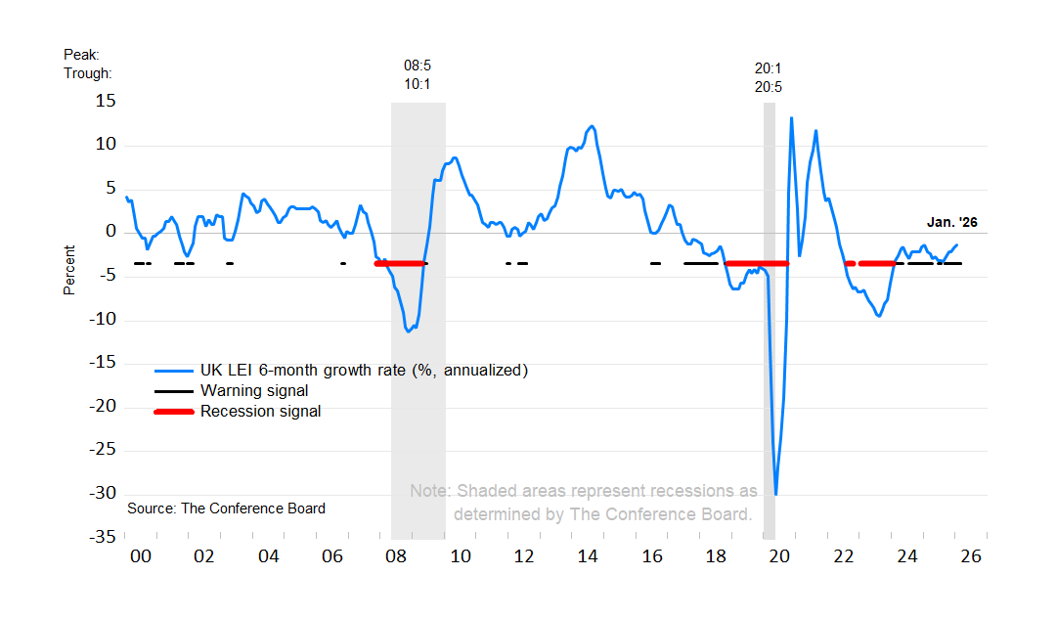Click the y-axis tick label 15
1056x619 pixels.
coord(106,101)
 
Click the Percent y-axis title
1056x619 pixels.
coord(69,270)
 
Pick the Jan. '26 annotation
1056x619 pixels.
coord(951,222)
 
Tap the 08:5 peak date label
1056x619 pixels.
coord(418,66)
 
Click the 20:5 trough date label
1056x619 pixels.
coord(768,86)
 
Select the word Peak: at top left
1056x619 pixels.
coord(82,55)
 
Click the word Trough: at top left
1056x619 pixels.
coord(88,73)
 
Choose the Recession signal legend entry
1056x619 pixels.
coord(260,412)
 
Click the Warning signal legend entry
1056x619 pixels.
coord(254,391)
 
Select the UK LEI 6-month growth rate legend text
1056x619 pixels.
coord(364,371)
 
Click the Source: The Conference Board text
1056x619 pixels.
coord(226,508)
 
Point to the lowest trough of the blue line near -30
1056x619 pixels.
coord(776,494)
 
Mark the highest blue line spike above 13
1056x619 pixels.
coord(791,118)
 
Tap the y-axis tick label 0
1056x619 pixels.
coord(110,232)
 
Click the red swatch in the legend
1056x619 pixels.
coord(175,412)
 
